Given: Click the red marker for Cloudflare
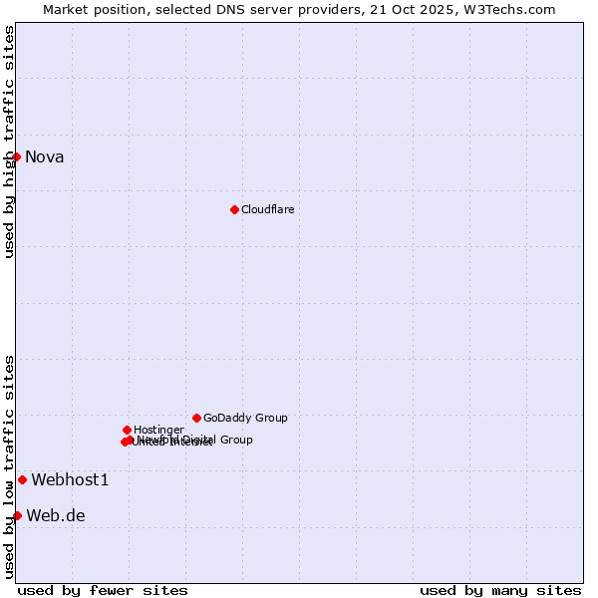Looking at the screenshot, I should [x=234, y=209].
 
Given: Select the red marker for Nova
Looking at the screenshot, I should [x=16, y=156].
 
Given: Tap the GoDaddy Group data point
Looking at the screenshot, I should [x=196, y=418].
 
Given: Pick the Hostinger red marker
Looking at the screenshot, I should [x=127, y=430].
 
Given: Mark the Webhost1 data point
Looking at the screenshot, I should [x=22, y=479].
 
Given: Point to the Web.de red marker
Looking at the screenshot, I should [x=17, y=515].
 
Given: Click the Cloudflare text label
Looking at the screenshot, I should [x=267, y=209].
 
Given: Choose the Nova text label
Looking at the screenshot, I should [x=44, y=156].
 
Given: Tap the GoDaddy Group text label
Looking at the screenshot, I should [x=245, y=419].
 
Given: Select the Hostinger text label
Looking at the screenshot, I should [x=158, y=430].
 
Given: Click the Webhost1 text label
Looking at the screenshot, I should [x=70, y=480].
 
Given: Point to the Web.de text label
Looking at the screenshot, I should [x=56, y=516].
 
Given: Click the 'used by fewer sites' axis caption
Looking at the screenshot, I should [x=103, y=590].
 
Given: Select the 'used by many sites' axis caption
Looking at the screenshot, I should [x=500, y=590].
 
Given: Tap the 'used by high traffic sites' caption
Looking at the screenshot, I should [x=9, y=142].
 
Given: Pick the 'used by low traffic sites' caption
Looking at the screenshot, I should [x=9, y=466].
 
